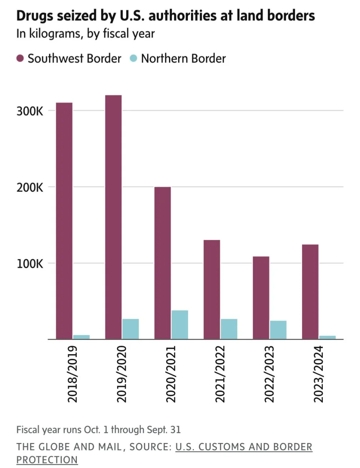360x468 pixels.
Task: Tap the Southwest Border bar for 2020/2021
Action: click(162, 263)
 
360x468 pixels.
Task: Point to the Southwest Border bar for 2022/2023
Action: click(261, 298)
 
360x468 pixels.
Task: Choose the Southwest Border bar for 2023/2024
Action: click(310, 292)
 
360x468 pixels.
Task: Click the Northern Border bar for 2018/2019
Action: click(81, 337)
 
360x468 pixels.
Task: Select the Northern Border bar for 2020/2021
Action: click(180, 324)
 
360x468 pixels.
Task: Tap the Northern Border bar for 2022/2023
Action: click(278, 330)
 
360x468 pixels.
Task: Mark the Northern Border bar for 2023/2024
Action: click(327, 337)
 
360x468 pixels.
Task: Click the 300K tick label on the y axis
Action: click(30, 111)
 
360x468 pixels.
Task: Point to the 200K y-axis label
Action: click(30, 187)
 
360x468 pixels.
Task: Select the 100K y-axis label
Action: click(30, 264)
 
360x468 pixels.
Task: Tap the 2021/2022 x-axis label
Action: click(220, 374)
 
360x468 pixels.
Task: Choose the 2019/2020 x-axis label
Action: click(122, 374)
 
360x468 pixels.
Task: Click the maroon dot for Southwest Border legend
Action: click(20, 58)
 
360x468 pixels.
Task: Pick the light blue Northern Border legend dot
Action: click(133, 58)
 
